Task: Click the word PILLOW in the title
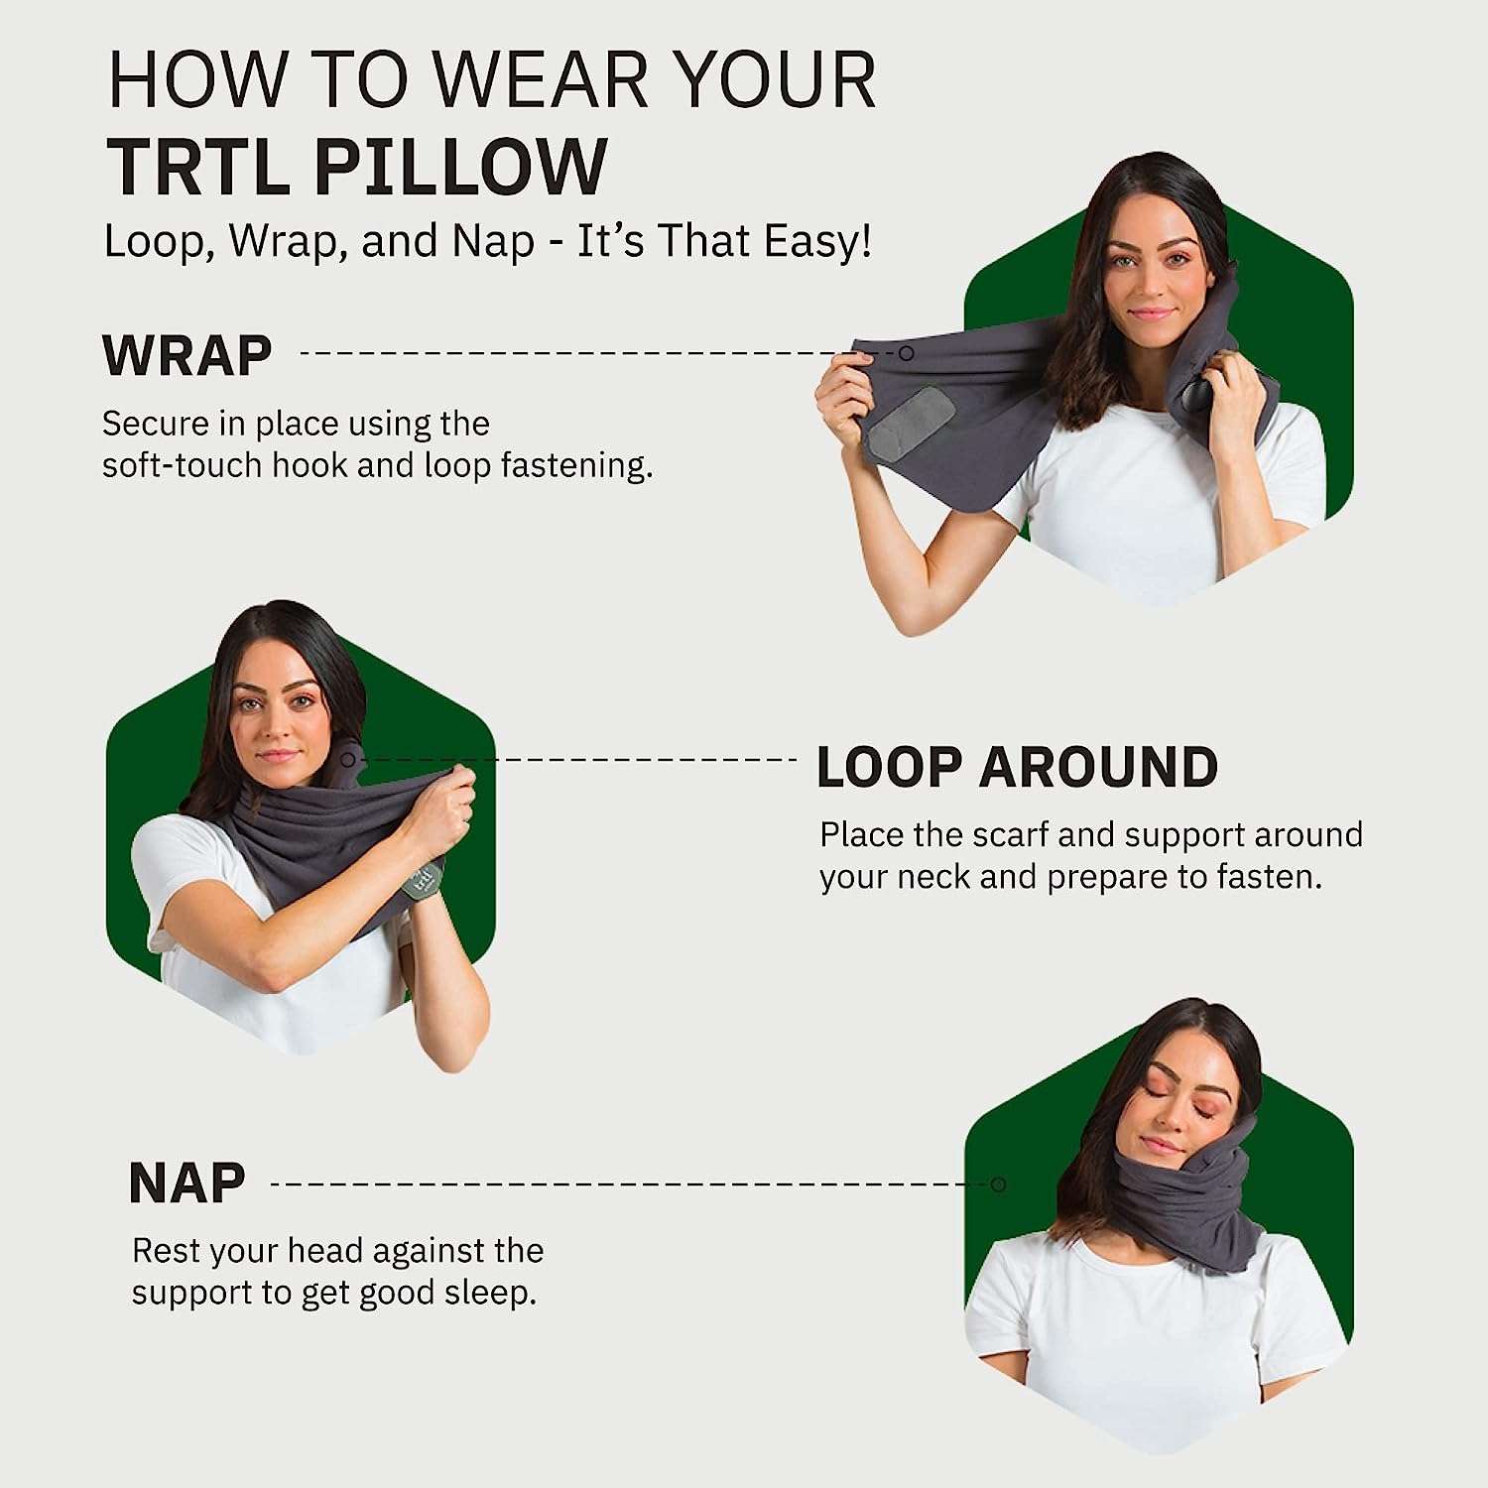[x=460, y=167]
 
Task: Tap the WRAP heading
[x=187, y=355]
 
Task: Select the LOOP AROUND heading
[x=1017, y=768]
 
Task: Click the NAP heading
[x=187, y=1183]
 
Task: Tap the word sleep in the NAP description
[x=489, y=1294]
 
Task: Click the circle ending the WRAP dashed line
[x=906, y=353]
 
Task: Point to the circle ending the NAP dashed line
[x=999, y=1184]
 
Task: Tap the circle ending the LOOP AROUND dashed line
[x=349, y=760]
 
